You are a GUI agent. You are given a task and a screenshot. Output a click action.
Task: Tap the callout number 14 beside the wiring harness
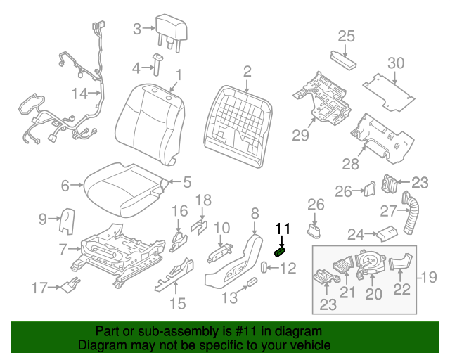pos(79,93)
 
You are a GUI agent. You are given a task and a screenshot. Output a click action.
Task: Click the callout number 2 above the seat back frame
pos(247,71)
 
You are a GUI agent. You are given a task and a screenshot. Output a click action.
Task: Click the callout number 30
pos(397,63)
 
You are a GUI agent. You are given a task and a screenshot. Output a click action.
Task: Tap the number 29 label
pos(301,135)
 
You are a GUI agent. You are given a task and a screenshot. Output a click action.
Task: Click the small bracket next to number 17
pos(69,284)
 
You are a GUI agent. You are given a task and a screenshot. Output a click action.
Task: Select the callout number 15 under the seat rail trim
pos(177,303)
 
